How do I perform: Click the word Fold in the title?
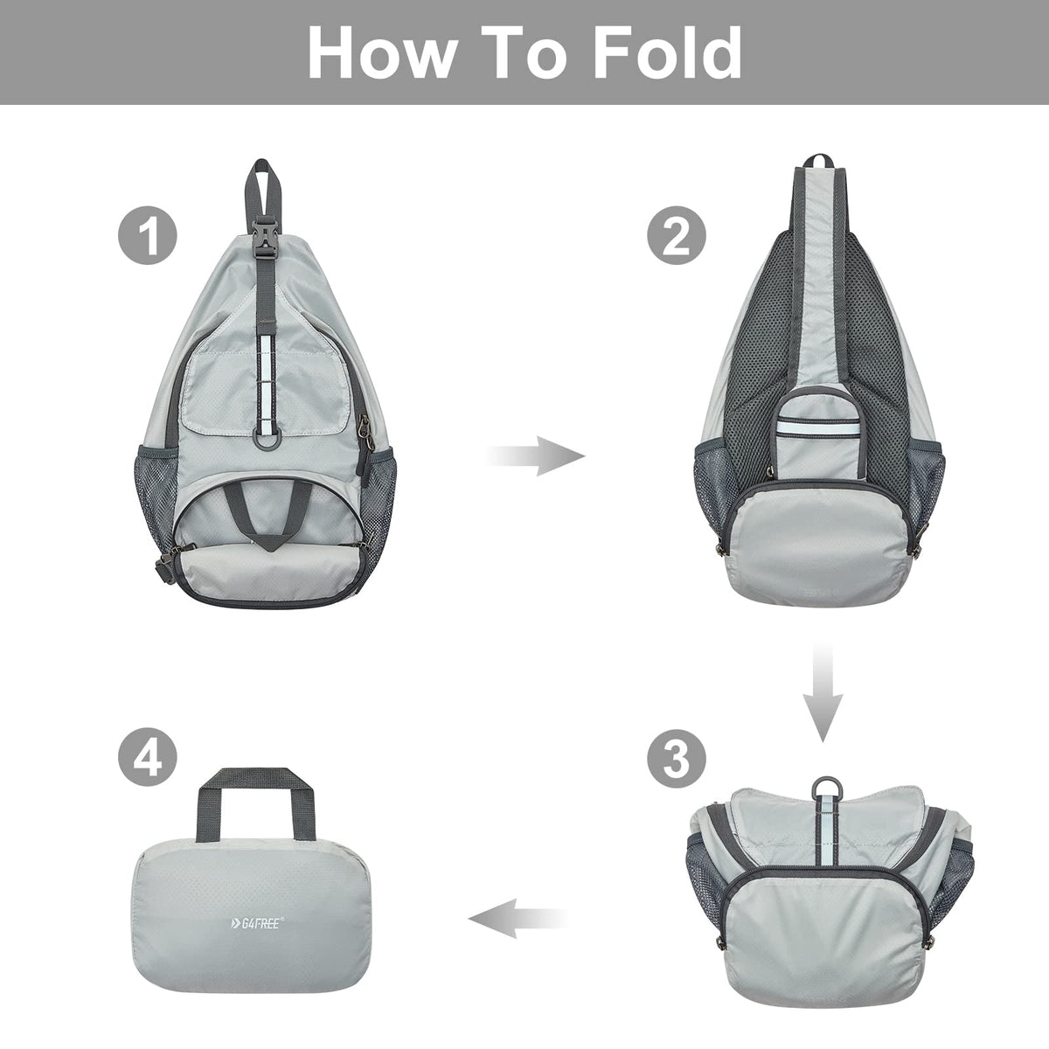click(666, 52)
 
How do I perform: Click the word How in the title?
click(380, 52)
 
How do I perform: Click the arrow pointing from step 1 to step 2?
click(536, 456)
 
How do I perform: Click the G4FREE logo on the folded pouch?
click(253, 921)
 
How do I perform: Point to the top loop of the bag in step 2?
click(816, 163)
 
